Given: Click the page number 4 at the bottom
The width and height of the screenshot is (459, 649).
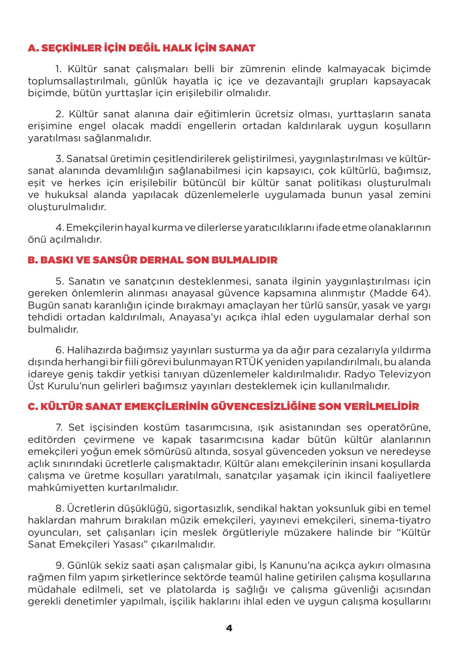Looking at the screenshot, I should point(229,628).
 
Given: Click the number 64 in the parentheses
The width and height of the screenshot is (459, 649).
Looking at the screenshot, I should point(418,293).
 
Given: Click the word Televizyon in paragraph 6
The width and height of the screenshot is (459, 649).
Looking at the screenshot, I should point(409,374).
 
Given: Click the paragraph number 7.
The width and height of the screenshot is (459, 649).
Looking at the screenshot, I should point(58,428).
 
